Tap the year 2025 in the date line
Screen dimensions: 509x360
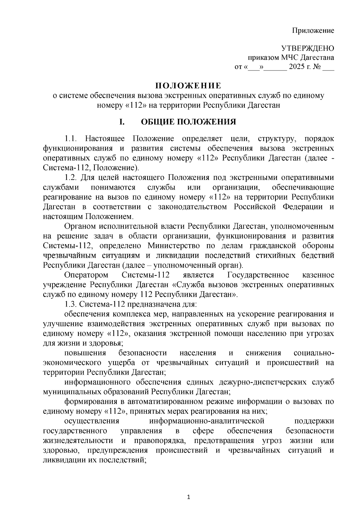[x=296, y=67]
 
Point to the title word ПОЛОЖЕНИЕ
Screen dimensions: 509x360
[x=188, y=86]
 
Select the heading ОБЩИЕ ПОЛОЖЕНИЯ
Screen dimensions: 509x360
[x=188, y=122]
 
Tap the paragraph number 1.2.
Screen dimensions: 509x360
[x=72, y=178]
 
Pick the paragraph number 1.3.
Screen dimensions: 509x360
[x=71, y=304]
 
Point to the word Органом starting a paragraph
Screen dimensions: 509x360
[x=79, y=226]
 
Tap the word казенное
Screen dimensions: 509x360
[x=318, y=275]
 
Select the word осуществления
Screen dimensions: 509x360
[x=92, y=421]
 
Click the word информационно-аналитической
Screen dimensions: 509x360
[x=207, y=421]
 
